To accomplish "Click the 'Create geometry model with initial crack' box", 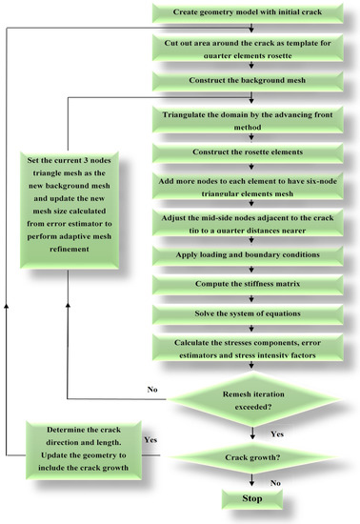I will pos(252,13).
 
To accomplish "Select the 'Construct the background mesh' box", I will pos(252,81).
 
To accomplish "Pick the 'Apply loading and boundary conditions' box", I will pos(252,256).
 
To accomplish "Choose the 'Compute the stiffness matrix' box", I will pos(252,286).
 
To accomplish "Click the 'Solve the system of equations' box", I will pos(252,314).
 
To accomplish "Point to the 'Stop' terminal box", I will pos(252,497).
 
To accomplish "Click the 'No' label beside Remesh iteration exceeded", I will pos(150,389).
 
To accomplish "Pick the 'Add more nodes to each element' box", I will pos(252,189).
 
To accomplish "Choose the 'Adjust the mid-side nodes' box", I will pos(252,224).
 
